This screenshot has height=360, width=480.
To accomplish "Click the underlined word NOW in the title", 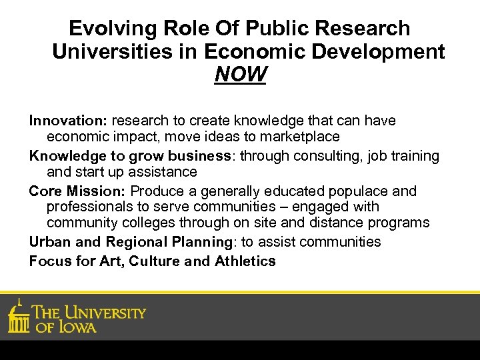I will click(240, 75).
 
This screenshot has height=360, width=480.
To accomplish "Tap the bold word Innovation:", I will click(68, 121).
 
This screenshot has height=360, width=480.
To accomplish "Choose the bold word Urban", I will click(49, 241).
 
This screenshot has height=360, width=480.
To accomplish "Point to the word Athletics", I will click(245, 261).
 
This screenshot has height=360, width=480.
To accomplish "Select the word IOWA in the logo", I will click(77, 327).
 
